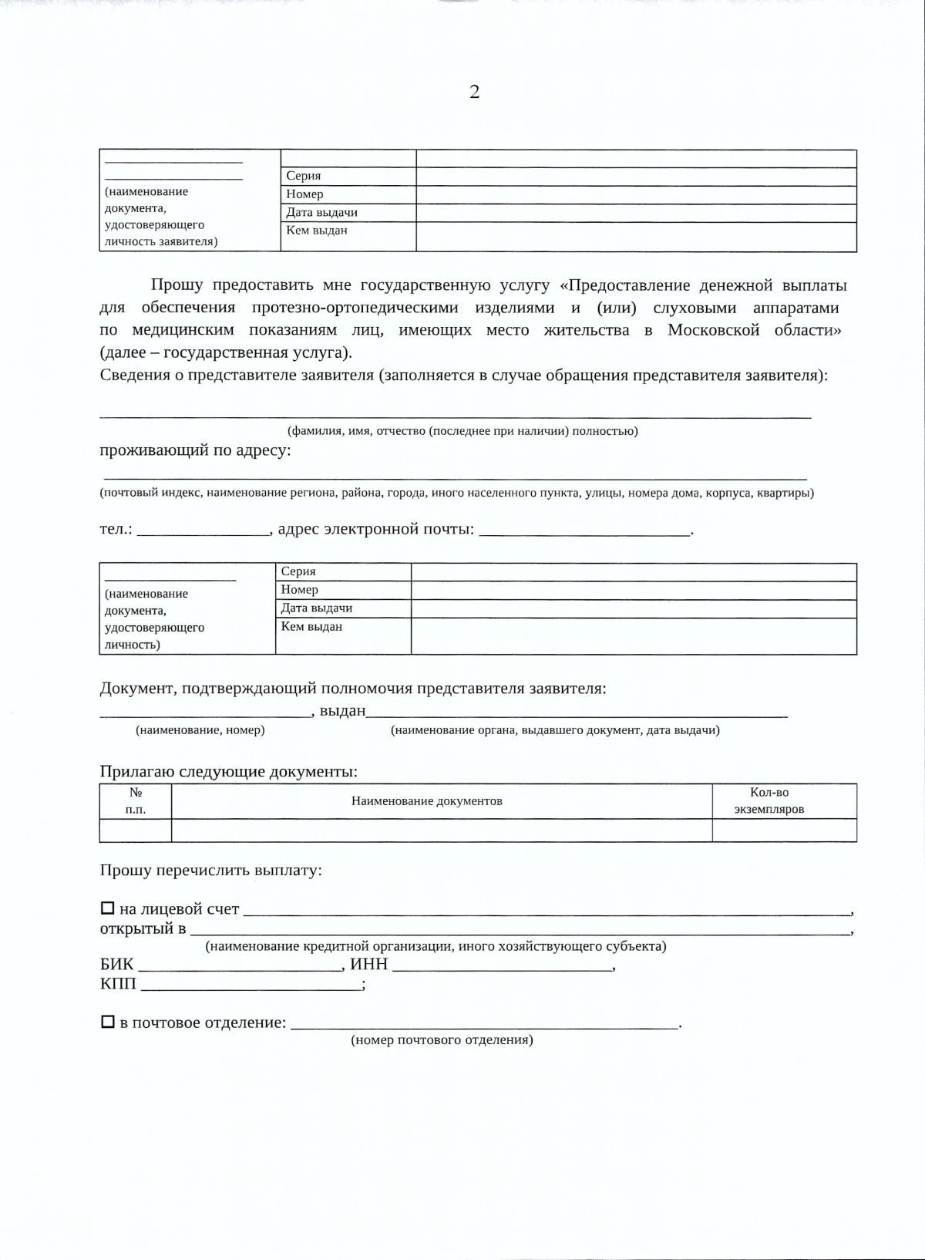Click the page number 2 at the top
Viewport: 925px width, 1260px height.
coord(474,92)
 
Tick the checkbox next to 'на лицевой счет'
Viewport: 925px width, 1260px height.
coord(108,908)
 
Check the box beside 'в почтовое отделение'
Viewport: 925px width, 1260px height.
coord(108,1021)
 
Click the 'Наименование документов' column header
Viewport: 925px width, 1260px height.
coord(426,800)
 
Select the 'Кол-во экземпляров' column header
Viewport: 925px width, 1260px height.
coord(769,800)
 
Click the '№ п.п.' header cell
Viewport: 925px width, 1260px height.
coord(136,800)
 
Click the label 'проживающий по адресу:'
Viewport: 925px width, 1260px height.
coord(195,450)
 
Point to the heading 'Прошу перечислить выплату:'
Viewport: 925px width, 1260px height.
coord(210,870)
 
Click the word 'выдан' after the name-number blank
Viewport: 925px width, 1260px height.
coord(342,710)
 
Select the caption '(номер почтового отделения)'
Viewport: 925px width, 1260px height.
coord(442,1039)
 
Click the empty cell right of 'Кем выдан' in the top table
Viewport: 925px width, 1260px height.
coord(636,237)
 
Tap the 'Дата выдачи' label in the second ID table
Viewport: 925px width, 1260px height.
coord(316,608)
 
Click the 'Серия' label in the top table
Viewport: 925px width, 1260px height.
coord(303,176)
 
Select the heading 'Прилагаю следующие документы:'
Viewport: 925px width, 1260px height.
coord(228,771)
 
